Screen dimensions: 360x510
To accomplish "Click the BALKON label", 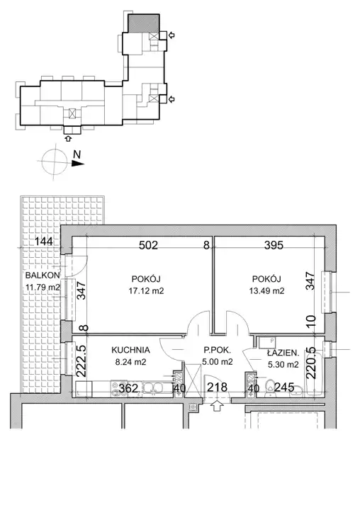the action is (x=43, y=275).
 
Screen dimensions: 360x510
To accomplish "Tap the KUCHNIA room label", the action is (x=130, y=350).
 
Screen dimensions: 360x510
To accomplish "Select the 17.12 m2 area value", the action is (x=146, y=290).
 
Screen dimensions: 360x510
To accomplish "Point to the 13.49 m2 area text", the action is (x=266, y=290).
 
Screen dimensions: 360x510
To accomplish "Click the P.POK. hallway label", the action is (x=217, y=351).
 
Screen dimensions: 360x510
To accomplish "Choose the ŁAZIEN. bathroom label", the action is (x=283, y=353).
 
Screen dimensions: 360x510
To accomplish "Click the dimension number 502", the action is (x=148, y=245).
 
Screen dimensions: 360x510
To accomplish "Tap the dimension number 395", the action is (x=274, y=245).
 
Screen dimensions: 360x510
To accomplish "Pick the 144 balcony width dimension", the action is (x=44, y=242).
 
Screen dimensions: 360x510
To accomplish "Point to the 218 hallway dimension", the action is (x=217, y=387).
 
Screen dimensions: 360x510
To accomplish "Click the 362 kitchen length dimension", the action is (x=128, y=388).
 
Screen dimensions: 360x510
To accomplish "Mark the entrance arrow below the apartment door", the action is (x=217, y=406).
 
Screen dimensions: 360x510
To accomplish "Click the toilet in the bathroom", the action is (x=270, y=388).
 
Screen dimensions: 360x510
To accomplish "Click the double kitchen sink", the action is (x=154, y=388).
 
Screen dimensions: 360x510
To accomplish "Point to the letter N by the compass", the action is (x=77, y=154).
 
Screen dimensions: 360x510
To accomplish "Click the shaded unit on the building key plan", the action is (x=144, y=23).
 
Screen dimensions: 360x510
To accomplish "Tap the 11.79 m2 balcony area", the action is (x=43, y=288).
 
